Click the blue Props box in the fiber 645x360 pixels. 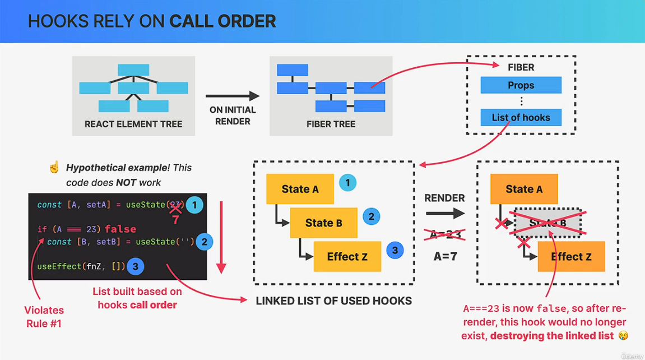pos(521,85)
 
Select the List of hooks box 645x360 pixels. pos(521,117)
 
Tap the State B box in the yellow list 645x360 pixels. pos(323,223)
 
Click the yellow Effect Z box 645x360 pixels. pos(347,256)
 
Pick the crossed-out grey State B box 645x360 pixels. pos(547,223)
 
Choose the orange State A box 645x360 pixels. pos(523,189)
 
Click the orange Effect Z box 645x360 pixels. pos(571,256)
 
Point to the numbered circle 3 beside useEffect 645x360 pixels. pos(135,266)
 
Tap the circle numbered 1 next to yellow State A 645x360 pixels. pos(347,183)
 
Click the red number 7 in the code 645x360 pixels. pos(175,220)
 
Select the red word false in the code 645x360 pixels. pos(120,229)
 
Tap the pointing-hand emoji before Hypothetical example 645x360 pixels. pos(54,168)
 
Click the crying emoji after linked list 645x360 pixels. pos(623,335)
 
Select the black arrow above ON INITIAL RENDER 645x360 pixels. pos(232,96)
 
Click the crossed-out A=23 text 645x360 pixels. pos(444,234)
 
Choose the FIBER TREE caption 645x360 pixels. pos(331,124)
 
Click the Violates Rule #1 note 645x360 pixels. pos(44,317)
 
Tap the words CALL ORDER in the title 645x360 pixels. pos(222,21)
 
